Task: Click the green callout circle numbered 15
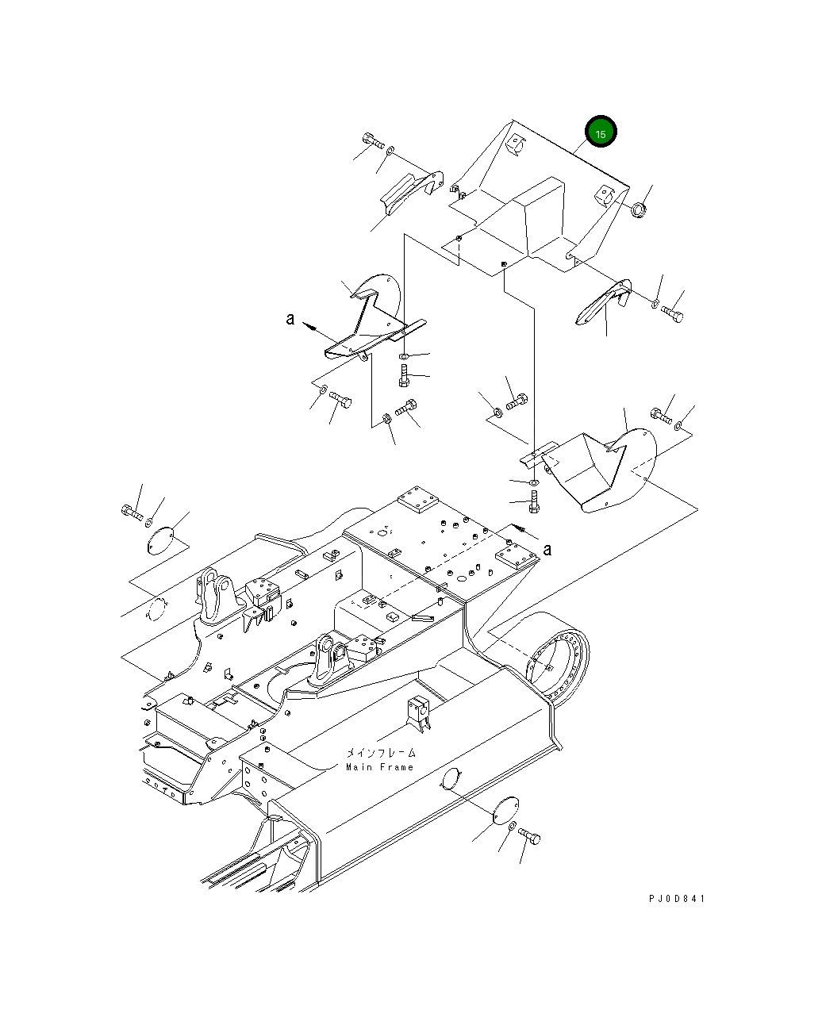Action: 601,134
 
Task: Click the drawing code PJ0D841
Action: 676,899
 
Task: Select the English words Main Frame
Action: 379,767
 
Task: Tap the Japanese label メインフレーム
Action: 381,754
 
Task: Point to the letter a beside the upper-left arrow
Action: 290,319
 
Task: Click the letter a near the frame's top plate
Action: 547,549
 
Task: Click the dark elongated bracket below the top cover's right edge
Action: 604,302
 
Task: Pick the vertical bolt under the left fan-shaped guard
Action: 404,371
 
